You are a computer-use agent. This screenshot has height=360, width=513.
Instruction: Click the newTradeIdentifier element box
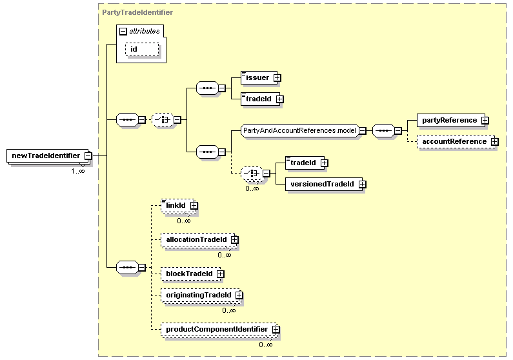point(48,155)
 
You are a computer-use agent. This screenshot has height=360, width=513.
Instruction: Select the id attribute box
point(142,50)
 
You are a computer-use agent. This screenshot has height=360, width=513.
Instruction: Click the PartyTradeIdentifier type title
point(137,12)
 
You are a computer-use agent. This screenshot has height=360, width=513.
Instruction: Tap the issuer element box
point(259,78)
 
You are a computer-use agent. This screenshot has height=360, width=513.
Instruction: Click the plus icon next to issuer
point(277,78)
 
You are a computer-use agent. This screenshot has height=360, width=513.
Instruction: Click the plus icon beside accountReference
point(495,141)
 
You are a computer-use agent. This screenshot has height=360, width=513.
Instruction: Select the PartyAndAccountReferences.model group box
point(300,130)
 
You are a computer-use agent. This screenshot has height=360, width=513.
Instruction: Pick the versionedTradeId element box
point(324,184)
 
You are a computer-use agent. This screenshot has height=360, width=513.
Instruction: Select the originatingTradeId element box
point(201,295)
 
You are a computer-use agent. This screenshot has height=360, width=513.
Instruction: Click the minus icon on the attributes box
point(123,32)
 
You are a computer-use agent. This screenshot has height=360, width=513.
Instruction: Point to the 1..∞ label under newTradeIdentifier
point(78,171)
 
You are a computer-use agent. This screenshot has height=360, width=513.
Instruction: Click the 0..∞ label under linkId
point(184,221)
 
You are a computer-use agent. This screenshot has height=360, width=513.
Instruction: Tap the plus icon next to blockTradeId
point(221,274)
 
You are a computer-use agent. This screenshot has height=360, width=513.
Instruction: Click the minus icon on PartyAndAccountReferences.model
point(363,130)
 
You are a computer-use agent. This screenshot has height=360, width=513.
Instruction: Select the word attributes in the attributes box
point(145,31)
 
